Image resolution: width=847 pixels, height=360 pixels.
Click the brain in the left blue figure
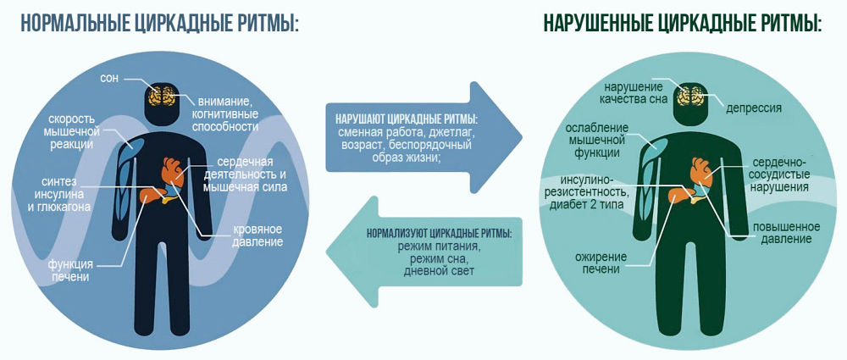162,95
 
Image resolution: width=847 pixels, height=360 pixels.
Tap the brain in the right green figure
689,95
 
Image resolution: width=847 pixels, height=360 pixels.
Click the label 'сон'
109,79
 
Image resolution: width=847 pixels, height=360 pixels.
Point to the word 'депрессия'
754,108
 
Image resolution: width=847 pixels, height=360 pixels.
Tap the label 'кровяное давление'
257,235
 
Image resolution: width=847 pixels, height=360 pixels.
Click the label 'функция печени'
70,271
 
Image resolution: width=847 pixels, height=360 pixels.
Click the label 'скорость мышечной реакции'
71,131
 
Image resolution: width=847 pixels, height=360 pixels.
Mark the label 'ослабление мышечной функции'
597,141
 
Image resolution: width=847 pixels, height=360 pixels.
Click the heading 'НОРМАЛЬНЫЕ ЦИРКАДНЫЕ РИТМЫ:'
159,24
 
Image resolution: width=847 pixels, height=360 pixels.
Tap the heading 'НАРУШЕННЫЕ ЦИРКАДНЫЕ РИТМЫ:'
682,24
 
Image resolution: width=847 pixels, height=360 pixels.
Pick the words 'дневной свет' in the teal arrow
439,270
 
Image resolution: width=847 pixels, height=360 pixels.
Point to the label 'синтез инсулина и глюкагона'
64,193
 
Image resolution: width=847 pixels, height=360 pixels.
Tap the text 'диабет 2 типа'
586,205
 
